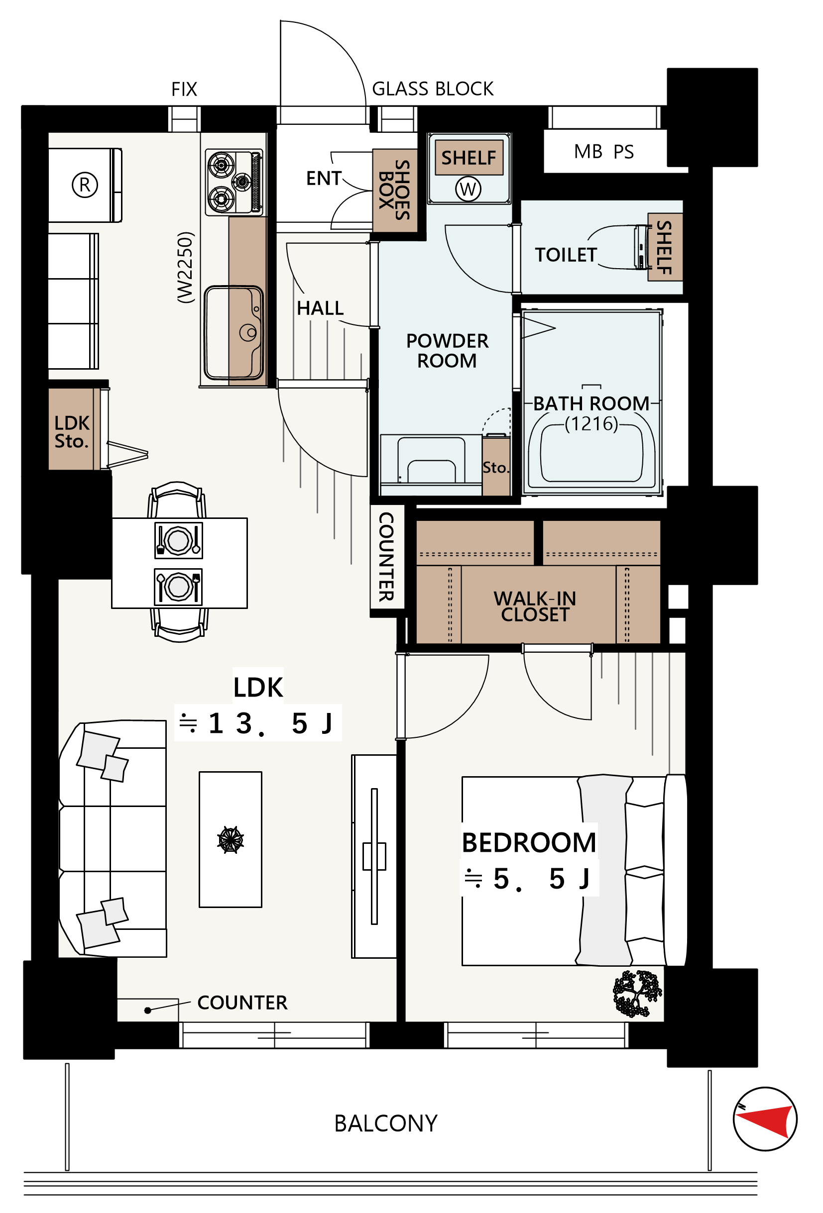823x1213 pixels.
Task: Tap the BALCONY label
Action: point(385,1123)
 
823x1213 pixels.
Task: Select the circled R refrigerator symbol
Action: point(85,185)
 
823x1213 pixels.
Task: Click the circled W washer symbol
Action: point(468,189)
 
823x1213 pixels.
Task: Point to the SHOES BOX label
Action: point(394,190)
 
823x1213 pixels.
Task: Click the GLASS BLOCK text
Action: point(432,89)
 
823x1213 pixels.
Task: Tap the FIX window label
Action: point(184,89)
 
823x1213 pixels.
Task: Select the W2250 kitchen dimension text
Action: point(185,267)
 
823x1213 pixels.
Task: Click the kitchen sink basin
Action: point(233,332)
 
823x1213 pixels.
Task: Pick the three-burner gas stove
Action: point(234,182)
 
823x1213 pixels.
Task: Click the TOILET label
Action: point(566,255)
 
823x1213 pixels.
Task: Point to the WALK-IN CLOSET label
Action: point(535,606)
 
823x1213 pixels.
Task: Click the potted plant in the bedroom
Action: point(637,993)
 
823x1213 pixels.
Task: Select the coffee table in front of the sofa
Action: point(231,839)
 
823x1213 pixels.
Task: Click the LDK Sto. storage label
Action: point(72,432)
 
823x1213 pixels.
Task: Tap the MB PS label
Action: point(603,151)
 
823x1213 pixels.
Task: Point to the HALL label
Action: point(320,308)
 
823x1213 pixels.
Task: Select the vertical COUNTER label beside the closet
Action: point(386,556)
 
